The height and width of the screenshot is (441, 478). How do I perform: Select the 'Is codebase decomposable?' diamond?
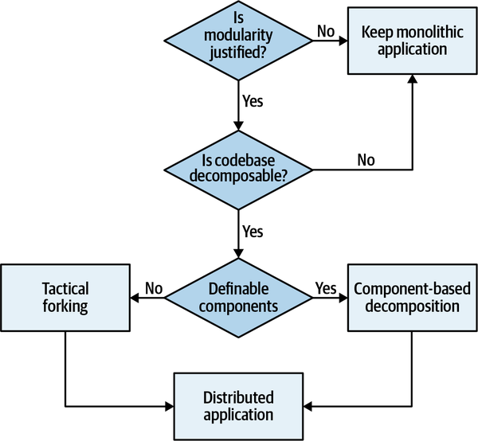click(x=237, y=169)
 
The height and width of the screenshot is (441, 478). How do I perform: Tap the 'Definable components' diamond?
click(x=237, y=297)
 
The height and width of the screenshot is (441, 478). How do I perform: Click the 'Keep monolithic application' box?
click(x=412, y=41)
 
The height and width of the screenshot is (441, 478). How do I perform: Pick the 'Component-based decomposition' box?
click(x=412, y=297)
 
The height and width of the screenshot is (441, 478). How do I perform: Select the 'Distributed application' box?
click(x=237, y=406)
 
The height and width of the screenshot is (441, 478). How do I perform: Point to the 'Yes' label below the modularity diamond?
click(x=252, y=101)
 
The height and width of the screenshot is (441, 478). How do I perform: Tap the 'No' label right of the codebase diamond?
click(x=366, y=160)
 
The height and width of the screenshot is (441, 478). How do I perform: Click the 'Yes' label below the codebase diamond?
click(x=252, y=232)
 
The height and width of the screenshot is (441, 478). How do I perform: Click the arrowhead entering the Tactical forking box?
click(x=134, y=298)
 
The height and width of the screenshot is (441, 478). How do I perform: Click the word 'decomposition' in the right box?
click(x=412, y=306)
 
